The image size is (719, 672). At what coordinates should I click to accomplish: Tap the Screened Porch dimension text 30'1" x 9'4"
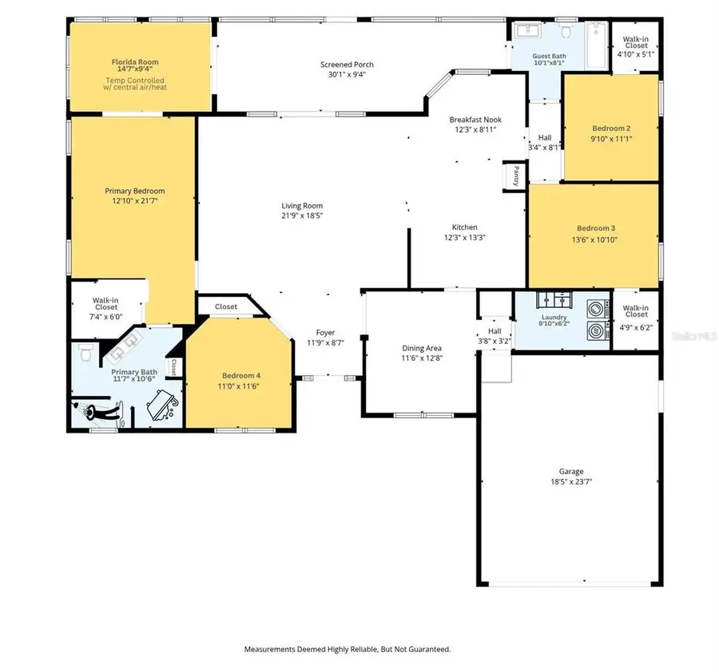[x=347, y=75]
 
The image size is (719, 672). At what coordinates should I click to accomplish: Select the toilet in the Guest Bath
[x=566, y=33]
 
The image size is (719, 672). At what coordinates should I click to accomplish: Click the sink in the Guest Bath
[x=526, y=32]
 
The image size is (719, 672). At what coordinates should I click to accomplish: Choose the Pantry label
[x=516, y=173]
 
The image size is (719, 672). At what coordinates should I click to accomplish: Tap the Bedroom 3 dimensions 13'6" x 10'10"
[x=592, y=239]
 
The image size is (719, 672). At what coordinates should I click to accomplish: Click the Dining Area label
[x=421, y=348]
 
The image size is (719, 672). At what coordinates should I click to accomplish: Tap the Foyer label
[x=325, y=332]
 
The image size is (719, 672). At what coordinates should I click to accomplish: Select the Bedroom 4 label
[x=240, y=375]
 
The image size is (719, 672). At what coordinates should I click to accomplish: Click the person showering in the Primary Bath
[x=98, y=411]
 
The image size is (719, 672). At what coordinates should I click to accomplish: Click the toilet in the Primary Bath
[x=85, y=351]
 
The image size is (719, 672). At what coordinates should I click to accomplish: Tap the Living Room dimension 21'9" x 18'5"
[x=302, y=215]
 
